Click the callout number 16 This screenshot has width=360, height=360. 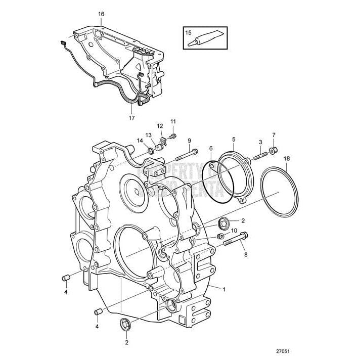pyautogui.click(x=101, y=14)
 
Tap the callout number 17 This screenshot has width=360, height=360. pyautogui.click(x=132, y=118)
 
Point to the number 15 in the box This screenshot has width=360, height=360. pyautogui.click(x=189, y=32)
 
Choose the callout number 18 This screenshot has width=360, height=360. pyautogui.click(x=287, y=158)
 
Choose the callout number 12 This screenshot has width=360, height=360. pyautogui.click(x=159, y=125)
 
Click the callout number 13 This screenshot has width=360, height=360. pyautogui.click(x=149, y=135)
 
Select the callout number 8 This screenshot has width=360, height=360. pyautogui.click(x=247, y=254)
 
